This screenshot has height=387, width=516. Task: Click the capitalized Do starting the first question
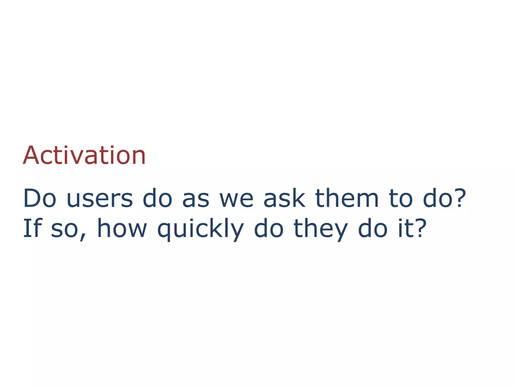click(40, 199)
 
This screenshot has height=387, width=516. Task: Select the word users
click(100, 199)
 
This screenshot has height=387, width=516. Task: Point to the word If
click(32, 228)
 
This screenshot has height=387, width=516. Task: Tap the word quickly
click(200, 229)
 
